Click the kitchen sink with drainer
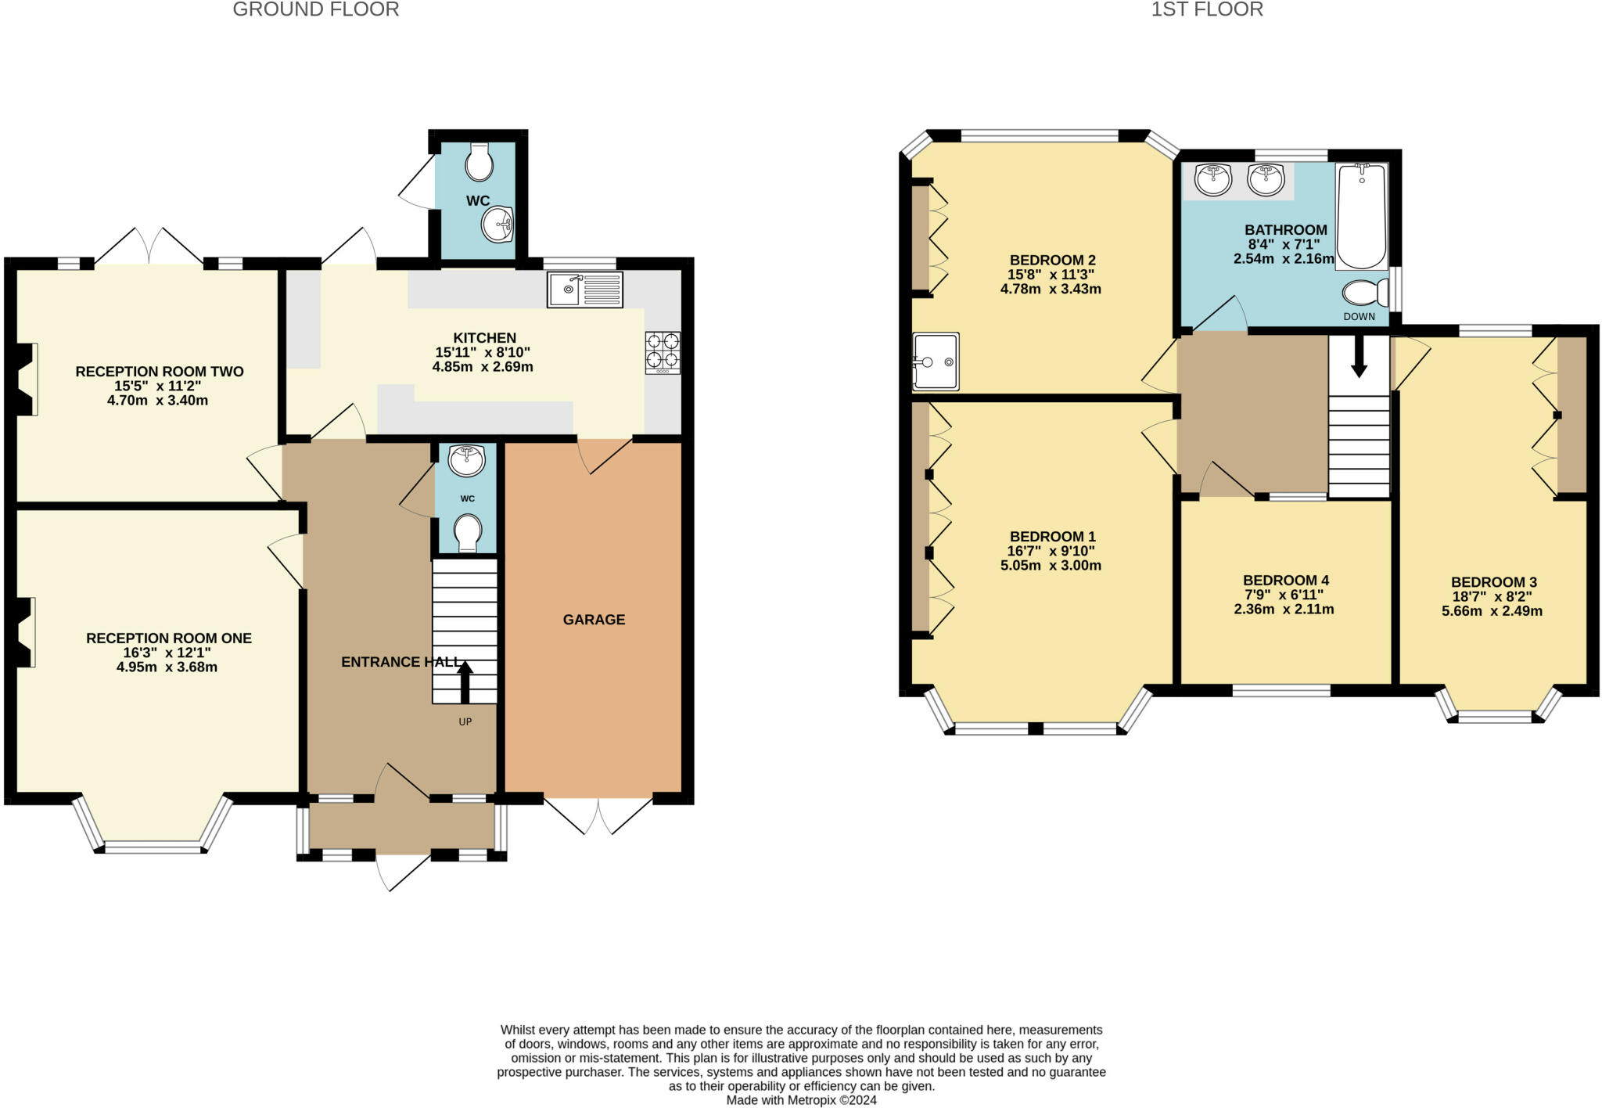click(584, 290)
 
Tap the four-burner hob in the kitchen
click(663, 352)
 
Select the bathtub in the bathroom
click(1361, 216)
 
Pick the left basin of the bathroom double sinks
click(1212, 180)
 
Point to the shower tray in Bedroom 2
click(936, 362)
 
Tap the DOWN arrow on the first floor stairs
click(1359, 356)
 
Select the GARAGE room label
click(594, 620)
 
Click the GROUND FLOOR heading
click(316, 9)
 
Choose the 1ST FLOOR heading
click(1207, 9)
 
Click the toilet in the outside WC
click(478, 164)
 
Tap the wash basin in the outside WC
click(497, 225)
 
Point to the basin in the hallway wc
click(466, 460)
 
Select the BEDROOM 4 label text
click(1285, 581)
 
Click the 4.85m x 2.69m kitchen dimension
click(483, 367)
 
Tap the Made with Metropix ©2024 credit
click(801, 1100)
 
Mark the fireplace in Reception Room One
click(25, 632)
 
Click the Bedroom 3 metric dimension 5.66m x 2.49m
click(1492, 611)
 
